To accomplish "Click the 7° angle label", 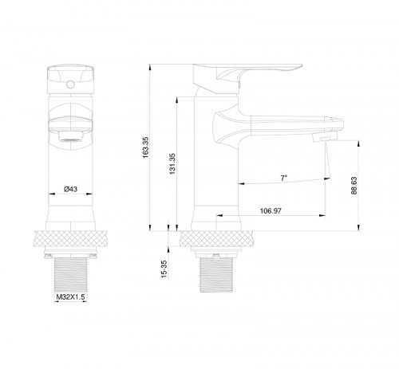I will click(284, 177).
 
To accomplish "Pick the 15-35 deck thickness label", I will click(164, 269).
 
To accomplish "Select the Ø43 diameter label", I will click(69, 189).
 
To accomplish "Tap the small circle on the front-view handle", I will click(69, 80).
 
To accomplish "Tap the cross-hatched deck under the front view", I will click(69, 238).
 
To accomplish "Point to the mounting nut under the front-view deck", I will click(69, 254).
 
